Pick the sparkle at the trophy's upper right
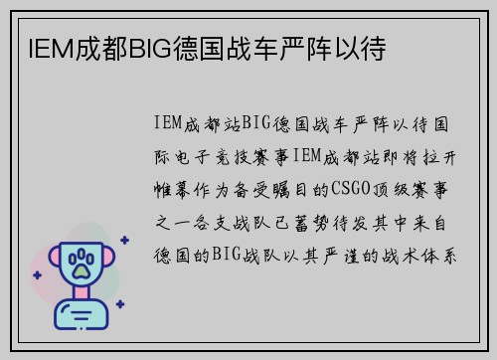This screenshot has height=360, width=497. (123, 240)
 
